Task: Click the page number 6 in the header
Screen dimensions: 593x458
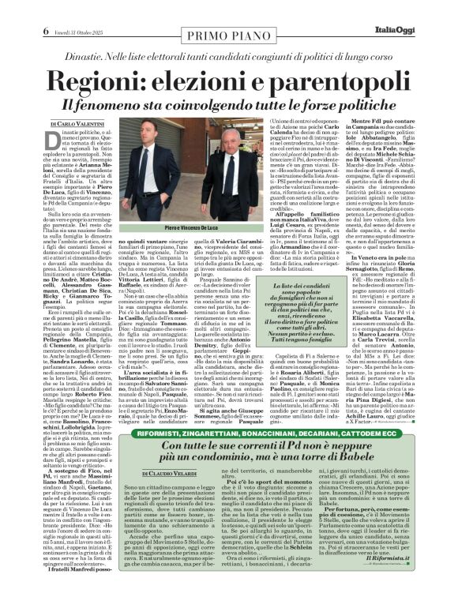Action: [36, 9]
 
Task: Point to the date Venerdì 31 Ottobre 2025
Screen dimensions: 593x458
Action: [73, 9]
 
